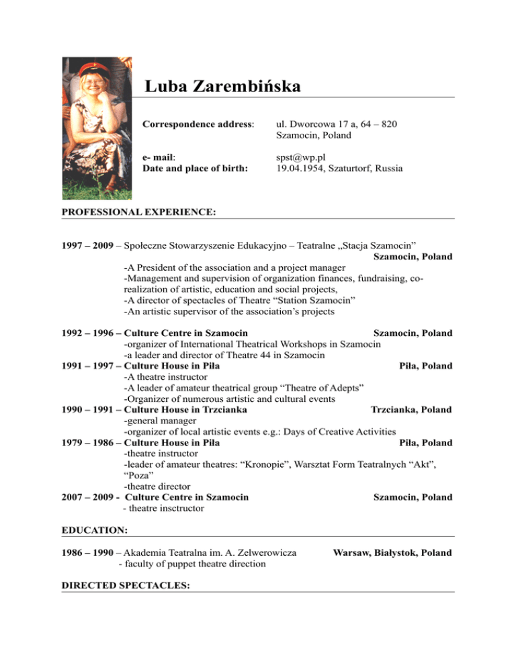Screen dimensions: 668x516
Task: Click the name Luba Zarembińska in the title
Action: (222, 87)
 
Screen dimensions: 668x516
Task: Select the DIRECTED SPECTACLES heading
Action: (126, 585)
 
